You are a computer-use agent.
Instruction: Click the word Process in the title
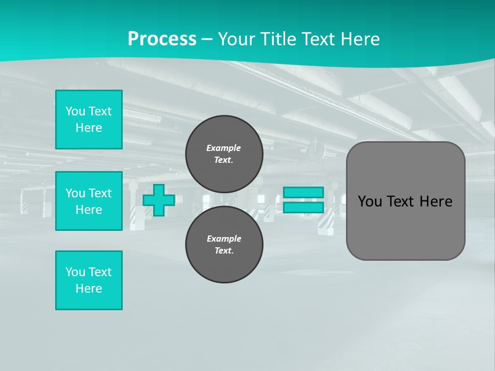(162, 39)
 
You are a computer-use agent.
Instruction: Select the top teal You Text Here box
(89, 120)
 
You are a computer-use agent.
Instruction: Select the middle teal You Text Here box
(89, 201)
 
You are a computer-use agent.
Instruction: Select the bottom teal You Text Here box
(89, 280)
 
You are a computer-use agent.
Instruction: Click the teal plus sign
(159, 200)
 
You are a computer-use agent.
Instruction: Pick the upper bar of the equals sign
(303, 192)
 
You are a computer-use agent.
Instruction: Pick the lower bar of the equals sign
(303, 207)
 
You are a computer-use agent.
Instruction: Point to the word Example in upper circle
(223, 148)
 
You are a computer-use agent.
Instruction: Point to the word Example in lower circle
(224, 239)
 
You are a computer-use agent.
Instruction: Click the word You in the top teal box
(75, 111)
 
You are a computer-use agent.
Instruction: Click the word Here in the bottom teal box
(89, 289)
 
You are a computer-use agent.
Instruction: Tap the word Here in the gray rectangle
(436, 201)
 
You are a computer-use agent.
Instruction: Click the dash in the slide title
(207, 39)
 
